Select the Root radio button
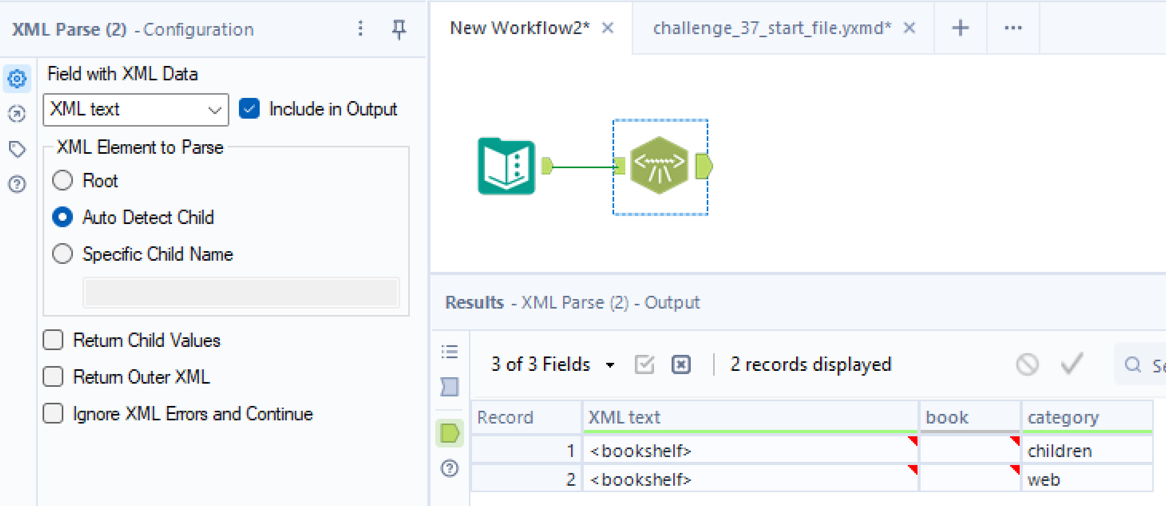coord(63,180)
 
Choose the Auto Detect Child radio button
coord(63,217)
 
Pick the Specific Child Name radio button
coord(63,254)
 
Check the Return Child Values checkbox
coord(53,340)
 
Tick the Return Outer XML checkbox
coord(53,377)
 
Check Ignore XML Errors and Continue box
coord(53,413)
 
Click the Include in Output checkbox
coord(250,109)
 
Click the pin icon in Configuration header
coord(399,29)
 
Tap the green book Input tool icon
coord(506,166)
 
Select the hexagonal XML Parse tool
coord(659,165)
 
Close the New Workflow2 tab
coord(608,28)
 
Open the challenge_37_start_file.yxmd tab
coord(772,28)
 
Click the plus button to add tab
coord(960,28)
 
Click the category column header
coord(1063,417)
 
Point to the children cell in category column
coord(1060,451)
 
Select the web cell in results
coord(1044,479)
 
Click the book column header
coord(947,417)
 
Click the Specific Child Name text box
coord(241,292)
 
